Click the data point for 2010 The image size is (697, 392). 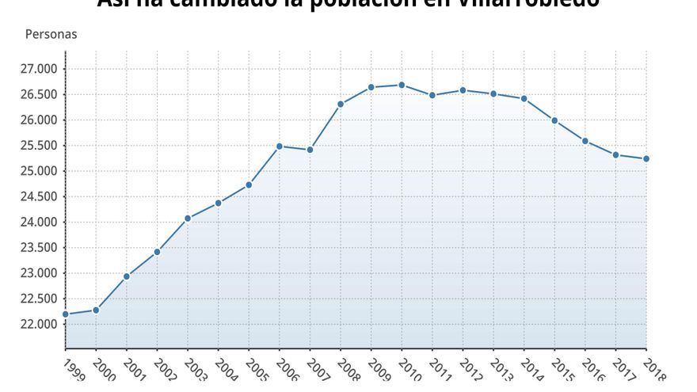coord(402,85)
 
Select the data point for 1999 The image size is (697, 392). coord(66,314)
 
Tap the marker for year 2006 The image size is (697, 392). coord(280,146)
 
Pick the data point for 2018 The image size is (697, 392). coord(646,158)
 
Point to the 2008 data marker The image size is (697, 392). coord(341,104)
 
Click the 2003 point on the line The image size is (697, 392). coord(188,219)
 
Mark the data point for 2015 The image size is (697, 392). coord(554,120)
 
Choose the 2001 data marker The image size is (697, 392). coord(127,276)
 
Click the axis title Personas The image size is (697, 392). coord(51,35)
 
